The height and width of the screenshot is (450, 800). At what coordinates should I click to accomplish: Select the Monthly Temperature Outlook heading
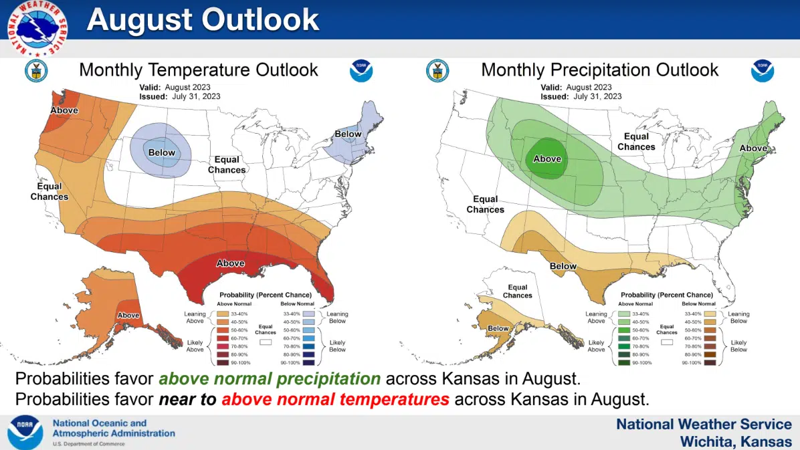point(199,70)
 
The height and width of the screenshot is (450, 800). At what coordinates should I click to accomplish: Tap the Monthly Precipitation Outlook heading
point(599,70)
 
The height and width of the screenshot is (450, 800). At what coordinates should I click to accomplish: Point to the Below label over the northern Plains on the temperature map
point(161,152)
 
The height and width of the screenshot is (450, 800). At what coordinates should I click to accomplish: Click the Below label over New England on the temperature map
point(348,134)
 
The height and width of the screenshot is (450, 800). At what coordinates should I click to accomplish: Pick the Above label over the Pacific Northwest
point(64,110)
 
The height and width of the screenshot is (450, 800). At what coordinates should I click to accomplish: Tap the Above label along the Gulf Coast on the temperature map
point(230,263)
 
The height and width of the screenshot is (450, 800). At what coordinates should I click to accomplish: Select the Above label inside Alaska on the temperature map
point(128,315)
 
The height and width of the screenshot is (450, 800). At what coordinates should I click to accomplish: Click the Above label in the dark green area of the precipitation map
point(547,159)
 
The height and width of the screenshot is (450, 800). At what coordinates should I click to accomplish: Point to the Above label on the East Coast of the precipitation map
point(753,148)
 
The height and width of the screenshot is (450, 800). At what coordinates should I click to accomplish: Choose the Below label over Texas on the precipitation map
point(563,266)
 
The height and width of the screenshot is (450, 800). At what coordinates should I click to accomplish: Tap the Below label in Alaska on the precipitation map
point(498,328)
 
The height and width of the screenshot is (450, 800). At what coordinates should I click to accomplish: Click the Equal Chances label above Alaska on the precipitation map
point(517,292)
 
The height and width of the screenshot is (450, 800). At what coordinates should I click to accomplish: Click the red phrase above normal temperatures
point(335,400)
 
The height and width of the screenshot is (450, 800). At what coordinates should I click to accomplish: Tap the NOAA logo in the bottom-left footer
point(25,433)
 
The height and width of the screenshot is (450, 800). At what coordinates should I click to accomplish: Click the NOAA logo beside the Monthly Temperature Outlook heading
point(361,71)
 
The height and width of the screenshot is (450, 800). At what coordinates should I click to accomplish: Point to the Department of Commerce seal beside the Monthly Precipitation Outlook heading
point(437,71)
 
